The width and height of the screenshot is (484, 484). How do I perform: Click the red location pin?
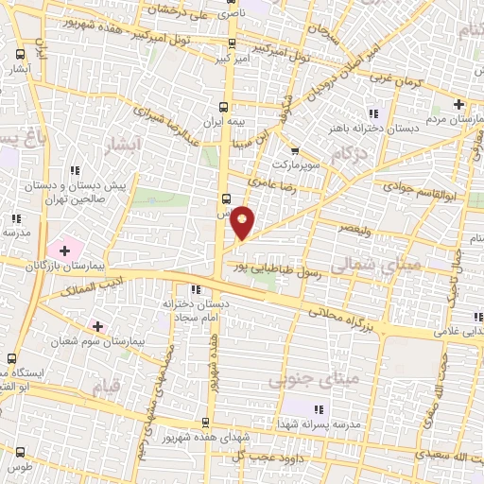tap(243, 223)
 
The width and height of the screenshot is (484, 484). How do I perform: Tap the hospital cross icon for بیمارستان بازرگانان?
tap(65, 250)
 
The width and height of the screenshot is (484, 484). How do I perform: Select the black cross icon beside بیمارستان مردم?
tap(459, 104)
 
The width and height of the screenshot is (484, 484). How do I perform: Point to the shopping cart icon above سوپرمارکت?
tap(295, 150)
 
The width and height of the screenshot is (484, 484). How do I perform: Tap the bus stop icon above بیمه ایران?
tap(224, 106)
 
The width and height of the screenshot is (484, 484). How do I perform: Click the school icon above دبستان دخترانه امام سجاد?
tap(195, 289)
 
